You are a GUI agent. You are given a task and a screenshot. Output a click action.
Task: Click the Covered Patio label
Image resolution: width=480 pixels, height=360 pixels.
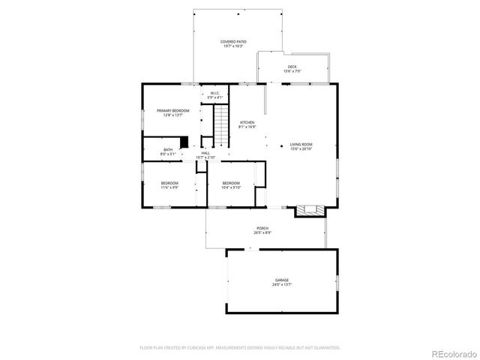pos(234,41)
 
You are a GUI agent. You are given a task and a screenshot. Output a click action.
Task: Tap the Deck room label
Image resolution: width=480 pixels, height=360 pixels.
pos(292,67)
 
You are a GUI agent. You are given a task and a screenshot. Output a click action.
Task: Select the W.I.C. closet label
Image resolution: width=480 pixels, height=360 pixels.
pos(215,93)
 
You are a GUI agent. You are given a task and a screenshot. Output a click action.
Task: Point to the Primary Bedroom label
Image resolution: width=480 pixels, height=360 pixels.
pos(172,110)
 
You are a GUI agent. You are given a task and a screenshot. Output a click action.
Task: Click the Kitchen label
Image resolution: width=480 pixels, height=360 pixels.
pos(247,122)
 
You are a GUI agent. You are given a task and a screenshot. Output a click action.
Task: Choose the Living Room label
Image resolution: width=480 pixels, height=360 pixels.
pos(301,144)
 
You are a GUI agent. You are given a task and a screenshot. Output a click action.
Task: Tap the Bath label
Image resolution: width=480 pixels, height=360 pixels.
pos(168,150)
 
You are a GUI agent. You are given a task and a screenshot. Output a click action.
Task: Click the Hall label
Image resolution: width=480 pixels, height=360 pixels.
pos(205,153)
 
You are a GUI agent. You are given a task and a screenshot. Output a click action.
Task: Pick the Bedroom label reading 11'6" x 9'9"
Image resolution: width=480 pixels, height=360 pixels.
pos(169,183)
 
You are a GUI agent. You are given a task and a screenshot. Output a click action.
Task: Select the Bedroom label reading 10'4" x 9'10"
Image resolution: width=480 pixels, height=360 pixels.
pos(230,183)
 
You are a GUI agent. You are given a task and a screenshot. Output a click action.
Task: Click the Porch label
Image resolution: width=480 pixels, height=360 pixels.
pos(262,228)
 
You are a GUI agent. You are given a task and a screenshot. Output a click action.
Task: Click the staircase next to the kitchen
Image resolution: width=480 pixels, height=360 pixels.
pos(222,121)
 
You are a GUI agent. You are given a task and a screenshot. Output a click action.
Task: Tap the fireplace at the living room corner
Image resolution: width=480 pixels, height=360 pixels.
pos(310,210)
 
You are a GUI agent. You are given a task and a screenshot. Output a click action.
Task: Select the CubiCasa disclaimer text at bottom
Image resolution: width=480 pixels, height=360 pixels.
pos(240,347)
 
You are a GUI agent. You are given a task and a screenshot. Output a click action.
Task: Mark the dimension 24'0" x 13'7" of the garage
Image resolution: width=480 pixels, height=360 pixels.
pos(281,285)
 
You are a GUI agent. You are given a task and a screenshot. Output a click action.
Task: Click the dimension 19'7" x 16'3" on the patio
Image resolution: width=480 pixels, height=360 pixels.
pos(234,46)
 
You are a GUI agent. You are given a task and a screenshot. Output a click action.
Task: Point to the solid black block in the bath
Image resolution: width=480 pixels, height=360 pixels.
pos(184,142)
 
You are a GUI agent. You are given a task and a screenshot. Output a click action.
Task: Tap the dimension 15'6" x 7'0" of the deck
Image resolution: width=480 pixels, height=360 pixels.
pos(292,72)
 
